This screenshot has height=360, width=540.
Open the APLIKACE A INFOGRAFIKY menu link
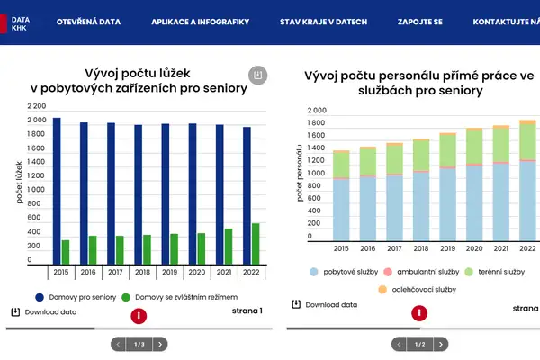(x=200, y=21)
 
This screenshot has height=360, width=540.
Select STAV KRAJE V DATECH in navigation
(x=323, y=21)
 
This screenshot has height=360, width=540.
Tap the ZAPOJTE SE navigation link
(x=419, y=21)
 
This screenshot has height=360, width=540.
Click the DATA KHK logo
(x=20, y=21)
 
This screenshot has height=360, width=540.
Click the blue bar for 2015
(x=57, y=190)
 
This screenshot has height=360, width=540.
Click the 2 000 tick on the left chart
(x=37, y=121)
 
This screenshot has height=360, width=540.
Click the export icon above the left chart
(x=257, y=75)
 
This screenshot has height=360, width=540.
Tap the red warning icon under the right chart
(x=419, y=314)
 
